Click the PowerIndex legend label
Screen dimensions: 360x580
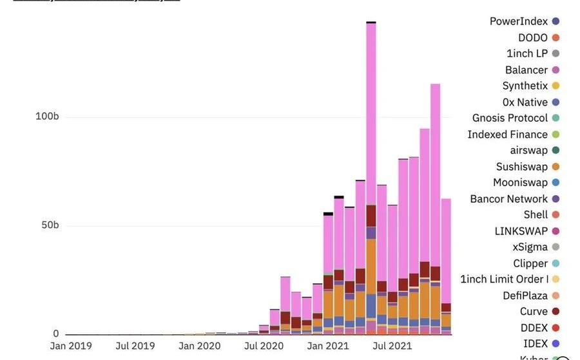point(518,21)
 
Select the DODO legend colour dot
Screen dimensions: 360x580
point(556,38)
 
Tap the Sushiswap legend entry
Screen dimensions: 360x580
point(521,167)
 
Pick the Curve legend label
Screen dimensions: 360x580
point(534,312)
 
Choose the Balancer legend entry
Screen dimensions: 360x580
point(526,70)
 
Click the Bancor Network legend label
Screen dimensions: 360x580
point(508,199)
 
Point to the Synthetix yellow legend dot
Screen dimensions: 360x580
point(556,86)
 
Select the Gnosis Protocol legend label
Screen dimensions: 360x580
point(510,118)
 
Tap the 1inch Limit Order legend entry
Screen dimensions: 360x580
point(504,279)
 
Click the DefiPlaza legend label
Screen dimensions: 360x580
point(525,296)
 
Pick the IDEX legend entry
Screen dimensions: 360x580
point(535,344)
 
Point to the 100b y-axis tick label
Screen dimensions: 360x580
point(47,117)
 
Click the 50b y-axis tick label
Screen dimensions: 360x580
point(49,225)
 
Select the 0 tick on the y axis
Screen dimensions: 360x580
point(55,334)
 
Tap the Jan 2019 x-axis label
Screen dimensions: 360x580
point(71,346)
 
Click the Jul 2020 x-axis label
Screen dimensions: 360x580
point(264,346)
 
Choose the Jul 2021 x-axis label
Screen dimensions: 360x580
point(392,346)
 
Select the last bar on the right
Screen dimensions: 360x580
point(446,258)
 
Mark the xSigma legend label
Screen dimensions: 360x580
point(530,247)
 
